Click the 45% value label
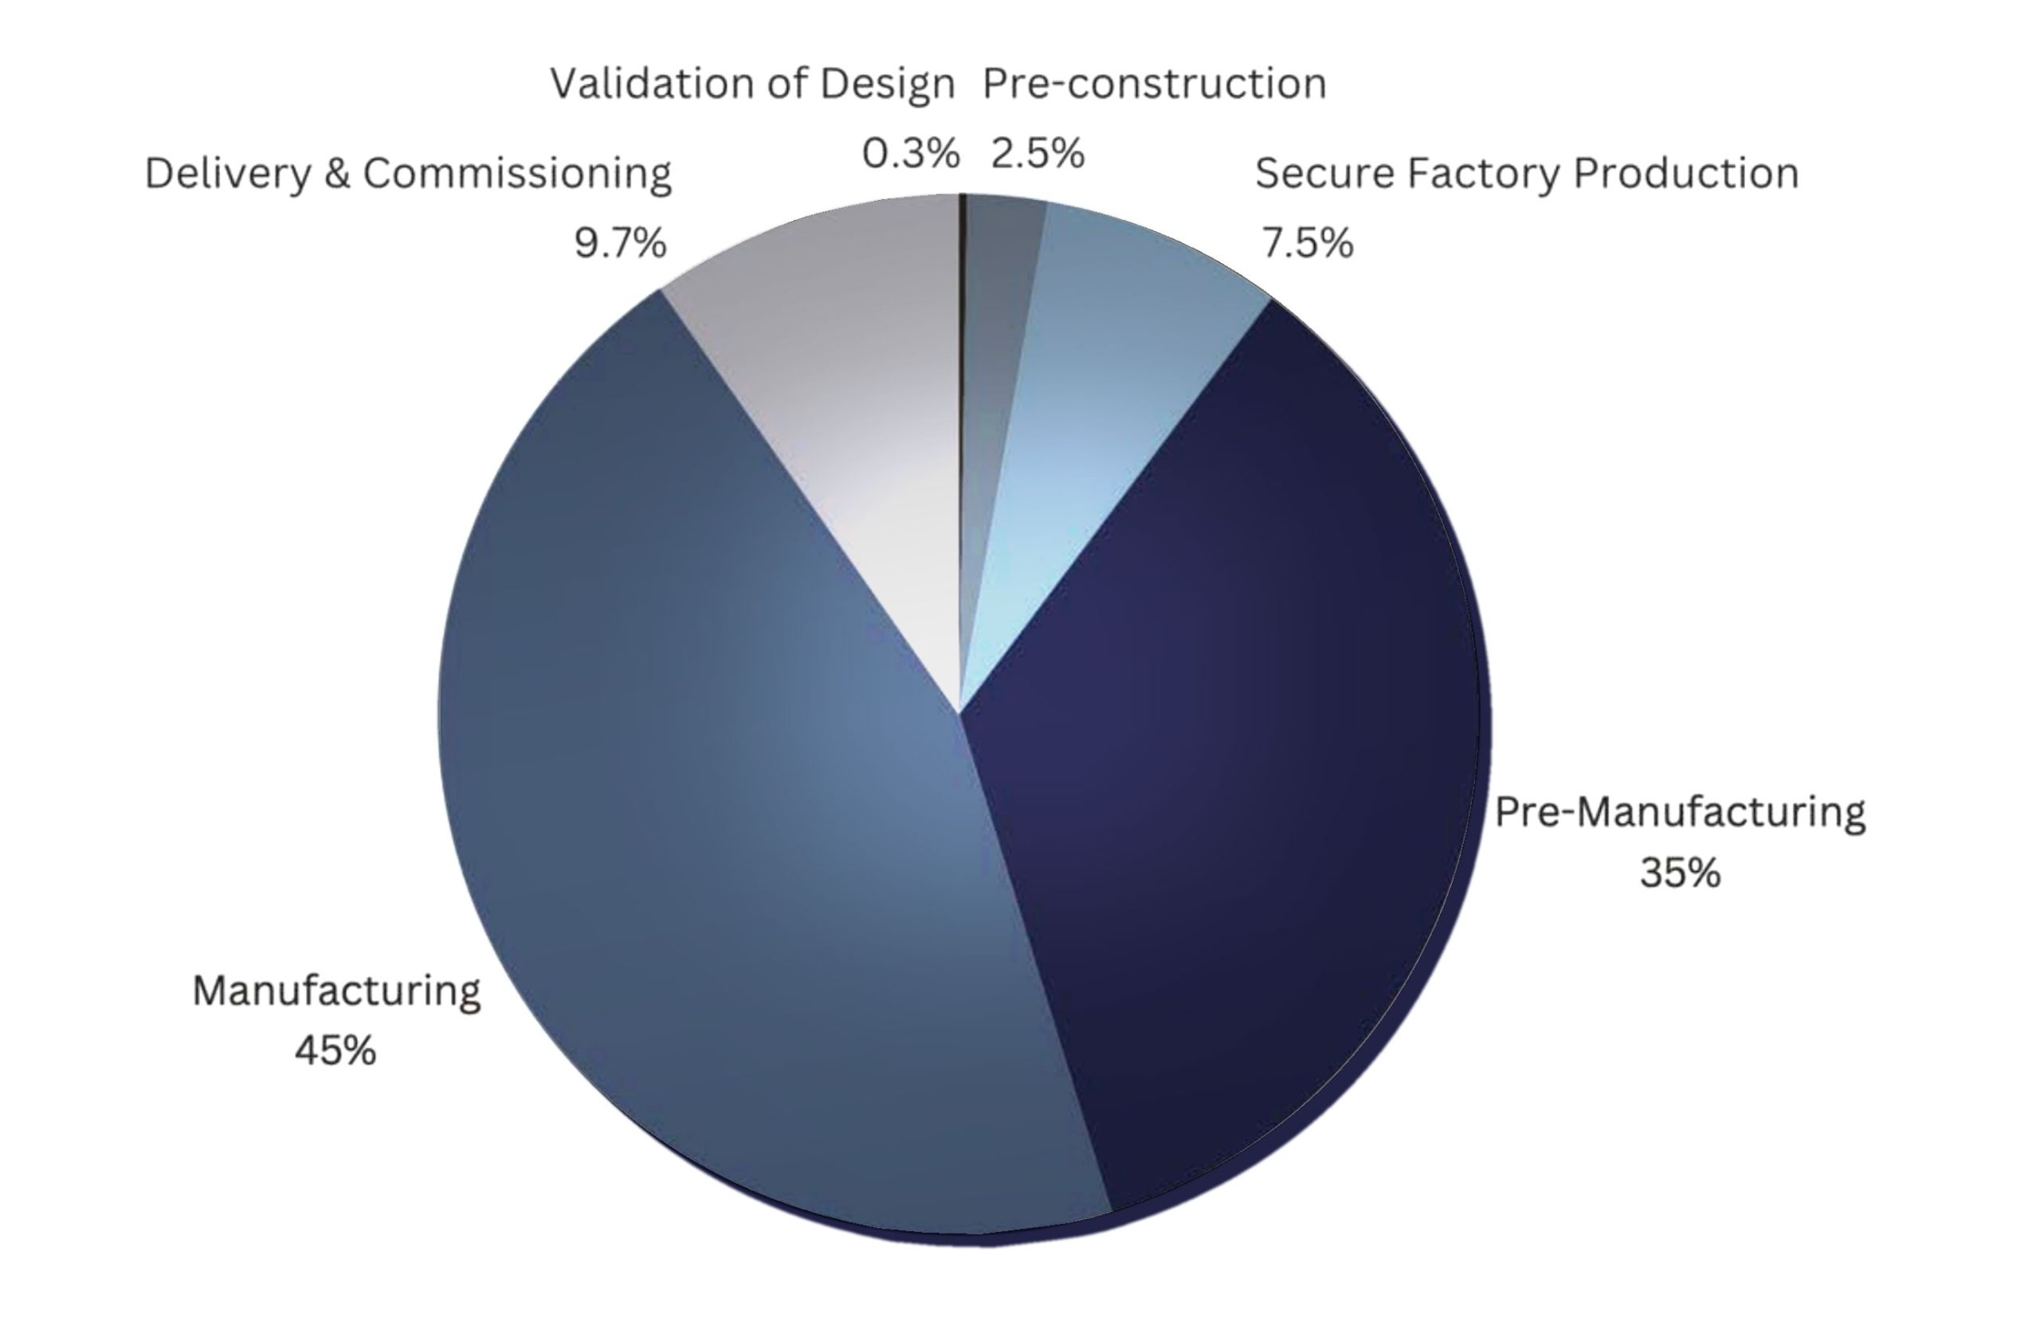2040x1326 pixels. tap(335, 1051)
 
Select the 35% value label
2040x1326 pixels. tap(1680, 873)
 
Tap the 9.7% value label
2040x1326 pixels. tap(620, 243)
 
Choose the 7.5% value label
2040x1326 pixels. tap(1307, 243)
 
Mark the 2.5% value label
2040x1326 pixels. tap(1038, 155)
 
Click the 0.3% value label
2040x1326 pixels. tap(910, 155)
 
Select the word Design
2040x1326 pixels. tap(886, 84)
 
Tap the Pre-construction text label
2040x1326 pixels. tap(1155, 84)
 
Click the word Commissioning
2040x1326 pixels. tap(517, 174)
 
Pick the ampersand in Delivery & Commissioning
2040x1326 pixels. tap(338, 174)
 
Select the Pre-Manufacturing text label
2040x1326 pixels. tap(1680, 812)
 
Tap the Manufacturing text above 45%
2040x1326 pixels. tap(336, 991)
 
